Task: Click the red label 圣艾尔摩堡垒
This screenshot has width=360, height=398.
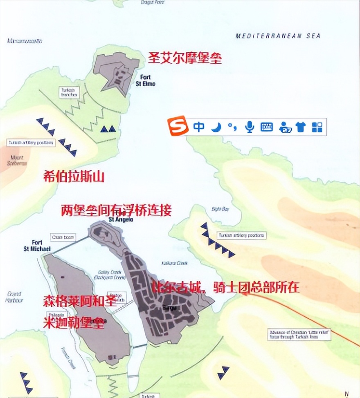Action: (185, 58)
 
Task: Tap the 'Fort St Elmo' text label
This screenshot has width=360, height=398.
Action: (144, 80)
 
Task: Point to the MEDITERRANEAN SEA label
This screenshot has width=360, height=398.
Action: (278, 36)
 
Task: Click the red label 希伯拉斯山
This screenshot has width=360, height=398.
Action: (74, 177)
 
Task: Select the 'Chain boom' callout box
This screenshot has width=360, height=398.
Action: (63, 237)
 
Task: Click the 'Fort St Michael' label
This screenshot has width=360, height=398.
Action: (37, 246)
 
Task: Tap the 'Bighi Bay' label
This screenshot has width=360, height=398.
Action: (220, 209)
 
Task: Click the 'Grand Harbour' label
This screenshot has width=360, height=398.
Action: (15, 297)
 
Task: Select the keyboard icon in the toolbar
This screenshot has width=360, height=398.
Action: (267, 127)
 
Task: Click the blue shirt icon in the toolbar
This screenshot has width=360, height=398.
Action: (301, 127)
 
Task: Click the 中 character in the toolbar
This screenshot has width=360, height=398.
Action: (199, 127)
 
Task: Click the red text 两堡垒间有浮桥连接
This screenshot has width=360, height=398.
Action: (116, 210)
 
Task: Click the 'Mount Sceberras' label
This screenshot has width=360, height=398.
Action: (17, 160)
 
